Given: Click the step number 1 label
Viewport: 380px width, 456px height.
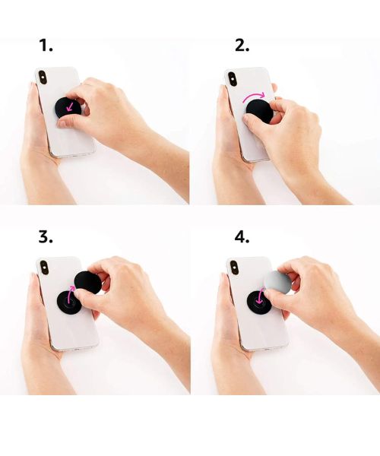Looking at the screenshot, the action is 46,46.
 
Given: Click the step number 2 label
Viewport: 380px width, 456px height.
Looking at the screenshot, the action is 242,46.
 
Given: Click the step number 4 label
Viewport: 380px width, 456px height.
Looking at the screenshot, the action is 242,237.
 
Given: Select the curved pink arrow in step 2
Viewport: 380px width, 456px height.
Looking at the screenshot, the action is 255,96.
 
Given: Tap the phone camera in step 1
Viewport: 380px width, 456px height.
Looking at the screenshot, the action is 43,78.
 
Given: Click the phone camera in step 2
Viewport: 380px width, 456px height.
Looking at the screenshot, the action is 233,79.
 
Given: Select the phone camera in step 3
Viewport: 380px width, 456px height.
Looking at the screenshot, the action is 44,268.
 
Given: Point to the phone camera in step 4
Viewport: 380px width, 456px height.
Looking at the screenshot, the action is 234,268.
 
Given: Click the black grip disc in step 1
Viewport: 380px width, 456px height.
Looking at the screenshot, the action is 68,108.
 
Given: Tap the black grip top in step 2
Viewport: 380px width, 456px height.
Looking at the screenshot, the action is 258,111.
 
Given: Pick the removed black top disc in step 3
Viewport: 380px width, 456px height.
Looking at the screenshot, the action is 88,282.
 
